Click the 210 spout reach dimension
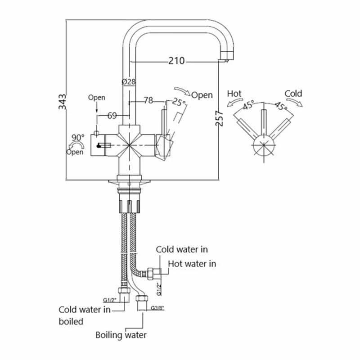click(177, 61)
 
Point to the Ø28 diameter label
click(129, 82)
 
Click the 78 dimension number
click(148, 100)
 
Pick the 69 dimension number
click(112, 116)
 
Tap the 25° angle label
click(179, 103)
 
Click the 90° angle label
click(78, 137)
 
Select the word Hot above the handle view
click(234, 94)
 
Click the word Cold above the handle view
click(293, 94)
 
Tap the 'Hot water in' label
click(192, 264)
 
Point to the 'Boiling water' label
click(121, 335)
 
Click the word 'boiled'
click(71, 321)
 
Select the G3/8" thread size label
click(158, 308)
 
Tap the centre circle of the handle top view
click(263, 147)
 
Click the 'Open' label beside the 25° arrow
click(202, 95)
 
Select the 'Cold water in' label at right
click(182, 249)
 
